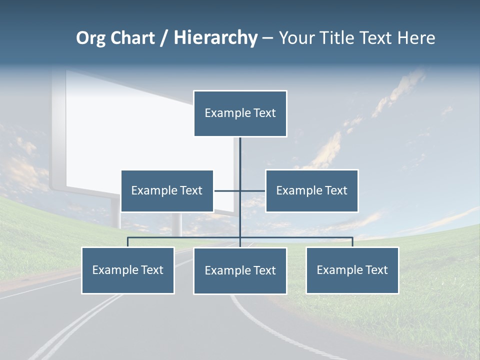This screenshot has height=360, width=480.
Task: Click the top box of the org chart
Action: (240, 113)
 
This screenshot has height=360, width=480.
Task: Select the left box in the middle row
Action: (167, 191)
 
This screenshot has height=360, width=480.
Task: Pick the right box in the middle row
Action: (311, 191)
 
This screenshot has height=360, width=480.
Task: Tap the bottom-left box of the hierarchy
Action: (127, 270)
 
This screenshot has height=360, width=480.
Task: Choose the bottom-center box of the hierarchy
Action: (240, 271)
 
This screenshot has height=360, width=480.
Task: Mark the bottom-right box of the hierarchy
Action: (352, 270)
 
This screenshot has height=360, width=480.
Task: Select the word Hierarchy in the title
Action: (215, 38)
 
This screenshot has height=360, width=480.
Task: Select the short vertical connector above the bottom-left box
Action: (127, 242)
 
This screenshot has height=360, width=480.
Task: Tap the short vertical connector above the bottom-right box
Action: (352, 242)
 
